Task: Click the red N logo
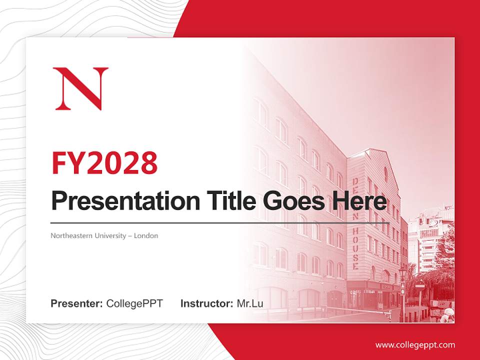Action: (80, 88)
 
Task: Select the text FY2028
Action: (104, 162)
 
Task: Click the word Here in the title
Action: (359, 201)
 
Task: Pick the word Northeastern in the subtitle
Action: (69, 235)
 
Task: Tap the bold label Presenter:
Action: (77, 303)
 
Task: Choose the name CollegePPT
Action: (134, 303)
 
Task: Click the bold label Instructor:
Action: (206, 303)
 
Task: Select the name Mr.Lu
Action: (249, 303)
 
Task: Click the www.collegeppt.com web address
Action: (415, 345)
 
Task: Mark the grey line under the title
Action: (220, 222)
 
